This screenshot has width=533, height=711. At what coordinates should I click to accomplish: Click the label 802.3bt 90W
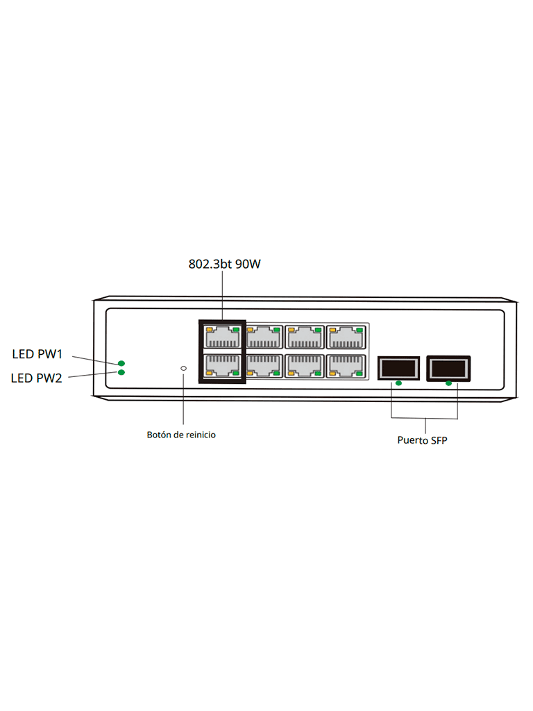pos(224,265)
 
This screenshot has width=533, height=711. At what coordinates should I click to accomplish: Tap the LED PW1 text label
pos(37,354)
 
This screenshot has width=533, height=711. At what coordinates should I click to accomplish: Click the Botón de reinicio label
pos(181,435)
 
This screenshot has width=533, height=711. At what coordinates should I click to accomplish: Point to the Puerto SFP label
pos(422,440)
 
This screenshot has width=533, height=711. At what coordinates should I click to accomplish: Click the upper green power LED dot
pos(121,363)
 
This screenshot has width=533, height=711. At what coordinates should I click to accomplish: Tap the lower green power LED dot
pos(121,373)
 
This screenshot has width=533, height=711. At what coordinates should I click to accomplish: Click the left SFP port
pos(398,368)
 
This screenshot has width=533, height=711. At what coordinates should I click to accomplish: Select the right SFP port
pos(449,367)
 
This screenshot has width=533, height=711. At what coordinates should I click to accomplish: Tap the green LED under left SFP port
pos(398,383)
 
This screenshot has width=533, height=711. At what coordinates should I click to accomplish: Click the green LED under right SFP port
pos(449,383)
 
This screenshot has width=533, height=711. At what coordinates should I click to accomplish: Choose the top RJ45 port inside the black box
pos(222,337)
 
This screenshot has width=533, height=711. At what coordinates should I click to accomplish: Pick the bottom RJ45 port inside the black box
pos(222,365)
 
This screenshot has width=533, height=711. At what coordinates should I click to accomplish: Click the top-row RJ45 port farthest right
pos(345,337)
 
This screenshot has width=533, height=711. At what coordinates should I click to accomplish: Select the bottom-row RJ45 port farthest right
pos(345,365)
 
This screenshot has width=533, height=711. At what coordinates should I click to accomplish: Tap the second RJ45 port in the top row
pos(263,337)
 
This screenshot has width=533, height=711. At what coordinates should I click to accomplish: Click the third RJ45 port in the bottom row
pos(304,365)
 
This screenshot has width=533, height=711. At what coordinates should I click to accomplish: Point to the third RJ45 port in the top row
pos(304,337)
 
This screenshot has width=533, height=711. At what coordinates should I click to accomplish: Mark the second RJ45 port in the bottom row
pos(263,365)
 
